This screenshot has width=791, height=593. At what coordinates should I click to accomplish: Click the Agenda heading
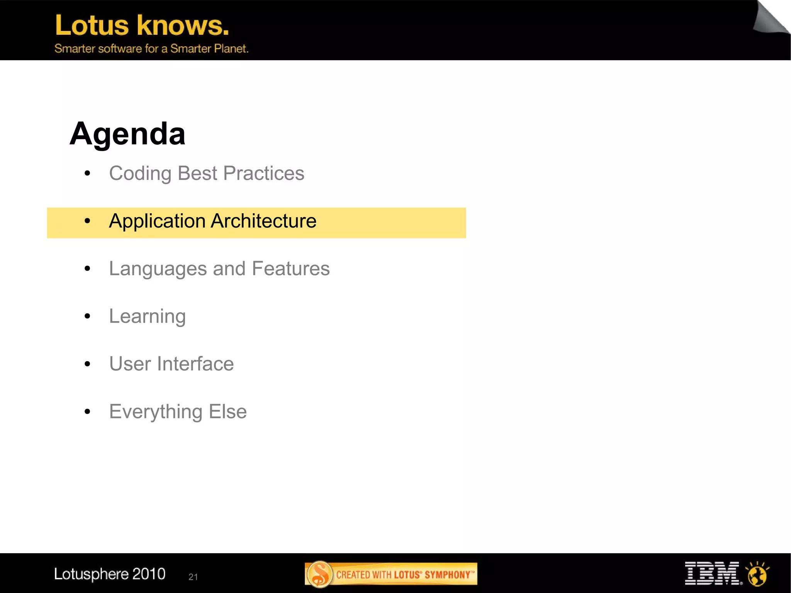(x=127, y=134)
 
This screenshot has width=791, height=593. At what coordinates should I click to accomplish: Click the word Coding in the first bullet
(x=140, y=173)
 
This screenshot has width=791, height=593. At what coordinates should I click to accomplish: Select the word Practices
(x=264, y=173)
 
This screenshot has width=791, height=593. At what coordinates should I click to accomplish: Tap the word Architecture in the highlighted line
(x=264, y=221)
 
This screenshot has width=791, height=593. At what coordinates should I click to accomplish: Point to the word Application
(x=157, y=222)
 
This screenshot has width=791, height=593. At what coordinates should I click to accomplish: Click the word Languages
(x=158, y=269)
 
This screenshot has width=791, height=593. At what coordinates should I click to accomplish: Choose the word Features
(x=291, y=268)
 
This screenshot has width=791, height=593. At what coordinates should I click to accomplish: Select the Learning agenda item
(x=147, y=316)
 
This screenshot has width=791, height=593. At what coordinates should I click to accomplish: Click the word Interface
(x=195, y=364)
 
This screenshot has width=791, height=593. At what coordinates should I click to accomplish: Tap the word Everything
(x=156, y=412)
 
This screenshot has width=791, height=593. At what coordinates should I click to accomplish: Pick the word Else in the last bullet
(x=227, y=411)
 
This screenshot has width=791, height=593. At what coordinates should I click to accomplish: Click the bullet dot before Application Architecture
(x=87, y=221)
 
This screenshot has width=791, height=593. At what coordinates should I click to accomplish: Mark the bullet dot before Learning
(x=87, y=316)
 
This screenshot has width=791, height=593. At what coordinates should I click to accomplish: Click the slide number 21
(x=193, y=577)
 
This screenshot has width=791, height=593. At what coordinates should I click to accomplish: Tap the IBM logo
(x=712, y=574)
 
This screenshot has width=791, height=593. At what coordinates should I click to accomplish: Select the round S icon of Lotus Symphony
(x=319, y=574)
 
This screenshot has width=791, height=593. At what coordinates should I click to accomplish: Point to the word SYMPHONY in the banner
(x=448, y=575)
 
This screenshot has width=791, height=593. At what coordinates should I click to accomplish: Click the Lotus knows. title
(x=142, y=25)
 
